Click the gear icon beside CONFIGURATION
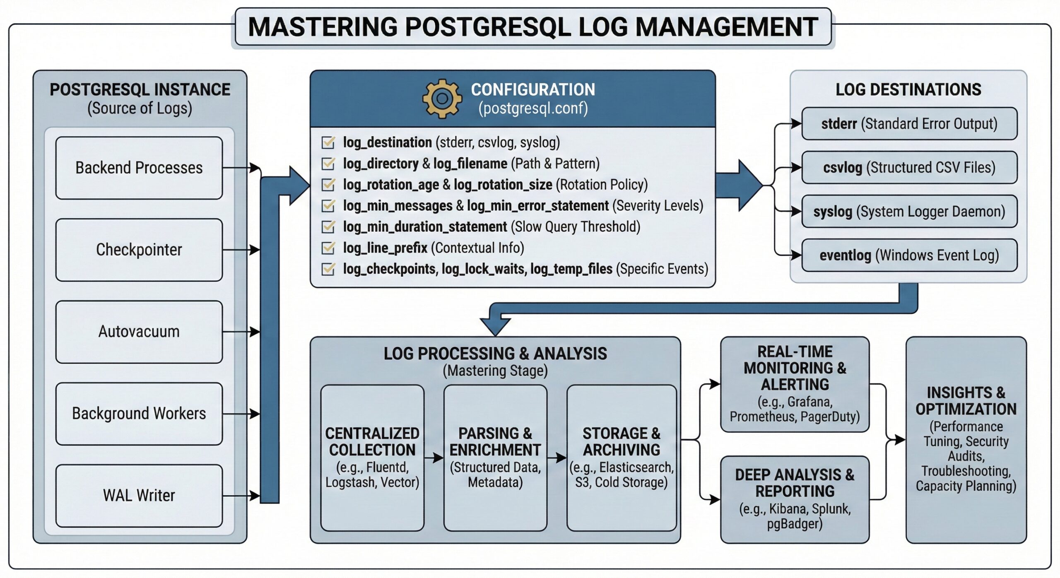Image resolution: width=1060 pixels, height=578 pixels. [442, 99]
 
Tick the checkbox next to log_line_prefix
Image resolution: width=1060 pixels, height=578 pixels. [328, 248]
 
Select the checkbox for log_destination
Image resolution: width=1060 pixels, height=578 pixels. [328, 142]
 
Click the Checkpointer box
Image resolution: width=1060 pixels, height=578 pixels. [139, 250]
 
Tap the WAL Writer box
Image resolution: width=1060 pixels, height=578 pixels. [139, 495]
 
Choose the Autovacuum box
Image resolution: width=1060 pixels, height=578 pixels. [139, 332]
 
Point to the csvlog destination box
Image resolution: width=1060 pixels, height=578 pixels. [909, 168]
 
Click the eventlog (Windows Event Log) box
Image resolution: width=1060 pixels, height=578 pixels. [909, 255]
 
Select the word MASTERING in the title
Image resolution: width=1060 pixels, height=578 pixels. [323, 27]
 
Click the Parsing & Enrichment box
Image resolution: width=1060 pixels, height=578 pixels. [495, 458]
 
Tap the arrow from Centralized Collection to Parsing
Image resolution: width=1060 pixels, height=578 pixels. [434, 458]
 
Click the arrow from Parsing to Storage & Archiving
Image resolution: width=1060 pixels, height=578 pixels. [557, 458]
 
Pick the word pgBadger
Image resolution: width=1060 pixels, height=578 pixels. [794, 524]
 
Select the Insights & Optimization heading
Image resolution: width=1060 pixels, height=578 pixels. [966, 401]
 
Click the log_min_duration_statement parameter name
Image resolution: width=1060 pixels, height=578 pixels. [425, 227]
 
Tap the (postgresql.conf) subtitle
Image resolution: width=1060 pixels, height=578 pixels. [533, 108]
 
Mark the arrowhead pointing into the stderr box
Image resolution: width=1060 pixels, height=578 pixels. [796, 123]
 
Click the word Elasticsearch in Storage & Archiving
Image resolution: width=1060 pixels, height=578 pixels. [636, 467]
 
